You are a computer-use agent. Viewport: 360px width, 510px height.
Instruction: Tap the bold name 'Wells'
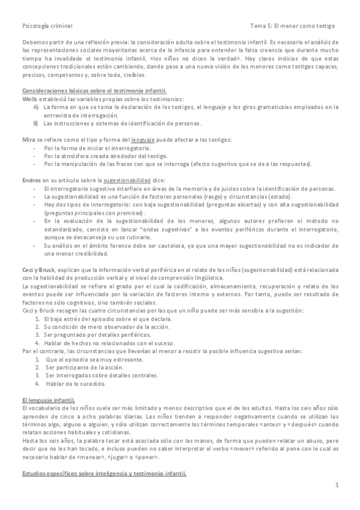click(30, 98)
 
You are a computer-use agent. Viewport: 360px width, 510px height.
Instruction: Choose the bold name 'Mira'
click(28, 140)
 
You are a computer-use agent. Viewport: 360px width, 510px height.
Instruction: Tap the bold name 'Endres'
click(32, 180)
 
